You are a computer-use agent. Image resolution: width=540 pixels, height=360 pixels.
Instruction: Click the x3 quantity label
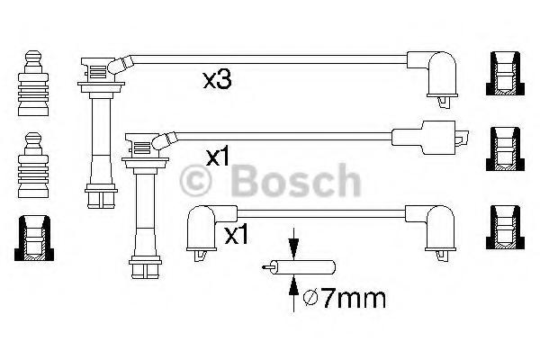click(217, 81)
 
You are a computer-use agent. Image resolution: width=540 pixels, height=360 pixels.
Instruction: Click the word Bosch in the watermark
click(295, 181)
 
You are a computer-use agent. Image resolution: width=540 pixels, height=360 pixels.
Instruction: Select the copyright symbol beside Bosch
click(195, 181)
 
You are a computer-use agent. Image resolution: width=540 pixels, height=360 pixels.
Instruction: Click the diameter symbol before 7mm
click(310, 298)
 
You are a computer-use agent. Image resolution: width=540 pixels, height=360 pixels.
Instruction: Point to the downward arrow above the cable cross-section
click(293, 243)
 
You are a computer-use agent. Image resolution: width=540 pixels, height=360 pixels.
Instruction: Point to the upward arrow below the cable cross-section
click(293, 293)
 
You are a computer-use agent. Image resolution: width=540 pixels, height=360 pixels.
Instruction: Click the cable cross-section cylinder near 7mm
click(299, 267)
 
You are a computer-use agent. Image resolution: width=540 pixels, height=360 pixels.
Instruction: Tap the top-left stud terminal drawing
click(33, 84)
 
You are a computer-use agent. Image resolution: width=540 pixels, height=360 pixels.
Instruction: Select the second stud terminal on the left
click(33, 166)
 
